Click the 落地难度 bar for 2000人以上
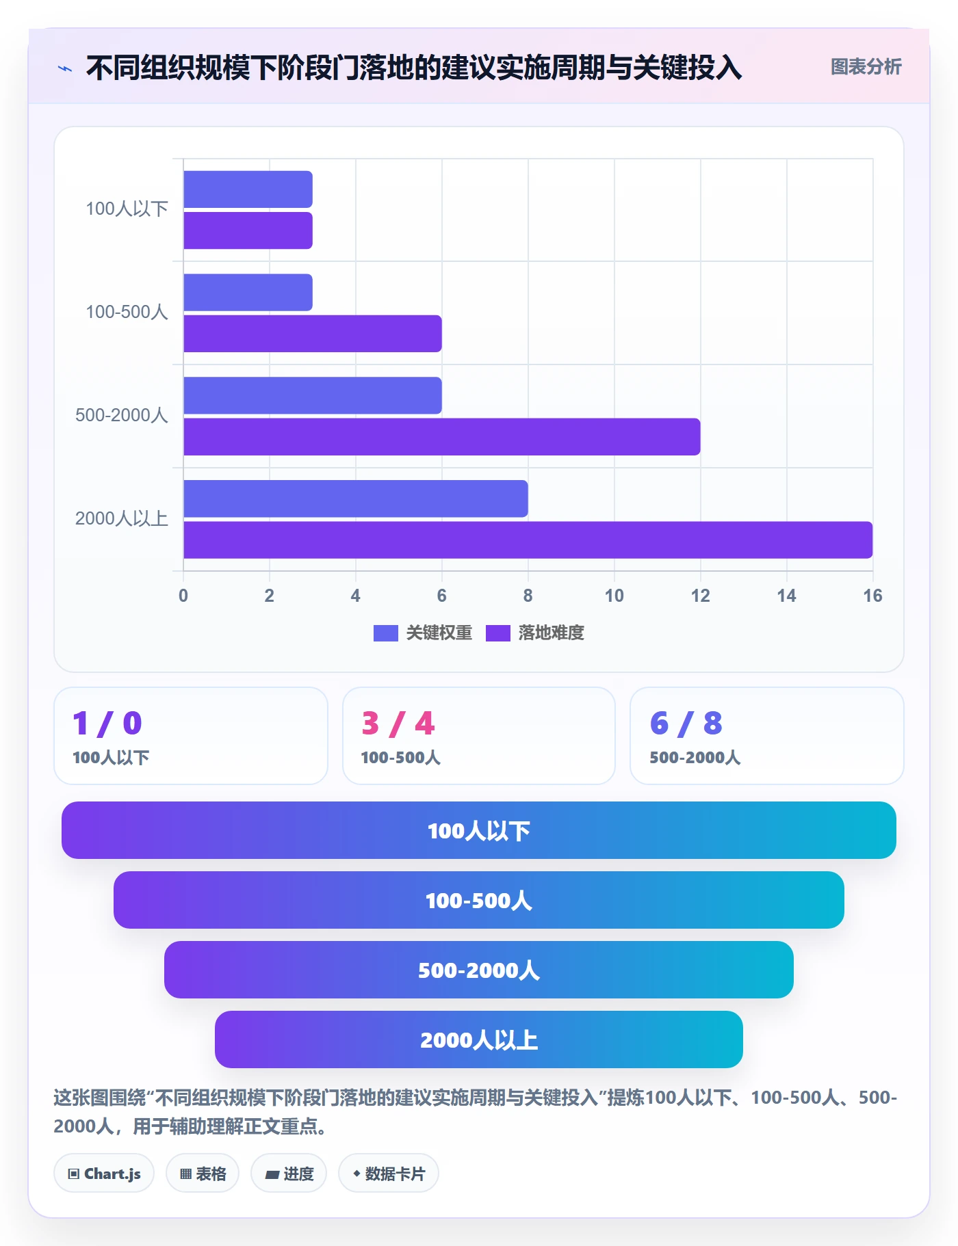[528, 540]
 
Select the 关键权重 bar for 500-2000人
[312, 395]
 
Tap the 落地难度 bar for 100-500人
[312, 334]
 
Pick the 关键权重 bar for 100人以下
[248, 189]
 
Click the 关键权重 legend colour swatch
[385, 633]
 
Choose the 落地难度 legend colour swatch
[497, 633]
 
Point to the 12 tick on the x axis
[700, 596]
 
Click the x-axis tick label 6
[441, 596]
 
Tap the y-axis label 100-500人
[127, 312]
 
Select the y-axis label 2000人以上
[122, 518]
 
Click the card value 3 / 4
[398, 724]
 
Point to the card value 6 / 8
[686, 724]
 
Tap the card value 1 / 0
[107, 724]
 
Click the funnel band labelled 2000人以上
[479, 1039]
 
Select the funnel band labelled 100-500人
[479, 900]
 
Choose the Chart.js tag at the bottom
[104, 1174]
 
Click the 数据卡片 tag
[389, 1174]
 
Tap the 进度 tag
[289, 1174]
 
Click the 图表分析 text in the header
[866, 67]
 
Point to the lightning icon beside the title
[65, 68]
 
